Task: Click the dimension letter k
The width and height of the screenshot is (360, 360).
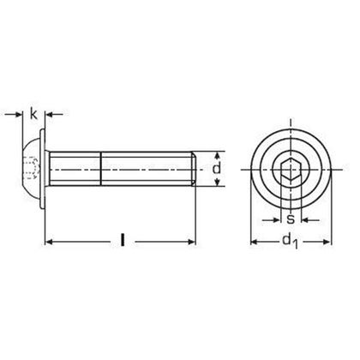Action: click(33, 112)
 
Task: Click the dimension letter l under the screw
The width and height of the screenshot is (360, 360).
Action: click(123, 242)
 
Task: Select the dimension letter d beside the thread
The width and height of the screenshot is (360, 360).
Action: click(217, 171)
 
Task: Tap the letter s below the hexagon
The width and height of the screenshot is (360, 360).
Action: click(291, 219)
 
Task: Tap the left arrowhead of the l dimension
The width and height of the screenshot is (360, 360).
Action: click(49, 242)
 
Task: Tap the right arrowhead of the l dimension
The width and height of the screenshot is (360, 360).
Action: click(193, 242)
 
